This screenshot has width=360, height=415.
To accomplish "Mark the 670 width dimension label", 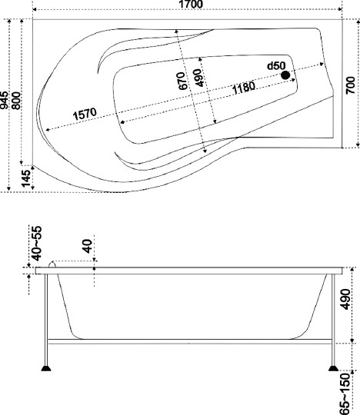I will (182, 81).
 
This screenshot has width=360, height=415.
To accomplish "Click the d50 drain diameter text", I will (276, 67).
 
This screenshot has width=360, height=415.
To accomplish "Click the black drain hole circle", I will (286, 75).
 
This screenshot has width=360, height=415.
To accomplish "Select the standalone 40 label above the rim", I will (86, 247).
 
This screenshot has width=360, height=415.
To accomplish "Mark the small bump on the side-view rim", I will (53, 264).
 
